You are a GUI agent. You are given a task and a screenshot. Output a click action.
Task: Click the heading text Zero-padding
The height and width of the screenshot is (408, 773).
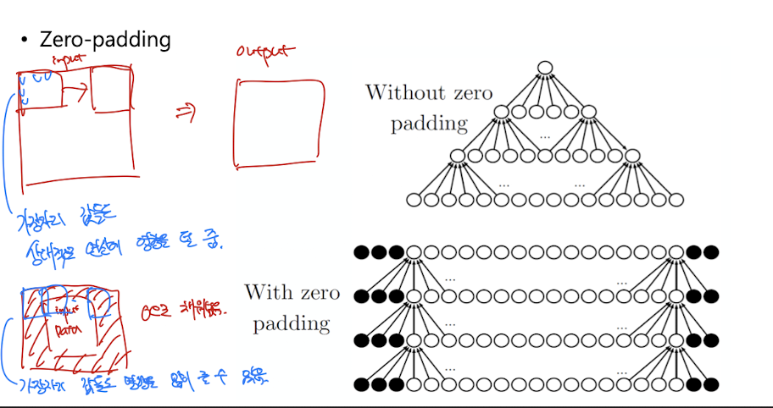(105, 39)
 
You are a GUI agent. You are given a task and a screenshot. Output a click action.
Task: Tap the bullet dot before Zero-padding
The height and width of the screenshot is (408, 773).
(25, 40)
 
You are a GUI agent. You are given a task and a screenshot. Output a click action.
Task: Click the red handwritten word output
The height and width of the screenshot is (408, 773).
(265, 52)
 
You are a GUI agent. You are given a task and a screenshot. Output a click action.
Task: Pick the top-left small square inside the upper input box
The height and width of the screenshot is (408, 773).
(40, 90)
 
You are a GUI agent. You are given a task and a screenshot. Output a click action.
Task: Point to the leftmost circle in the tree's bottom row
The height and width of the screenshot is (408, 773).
(414, 201)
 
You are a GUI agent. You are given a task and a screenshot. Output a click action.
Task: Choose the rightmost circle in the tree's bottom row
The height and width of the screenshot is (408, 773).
(676, 201)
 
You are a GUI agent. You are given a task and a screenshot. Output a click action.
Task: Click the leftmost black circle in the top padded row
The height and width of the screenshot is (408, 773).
(361, 251)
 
